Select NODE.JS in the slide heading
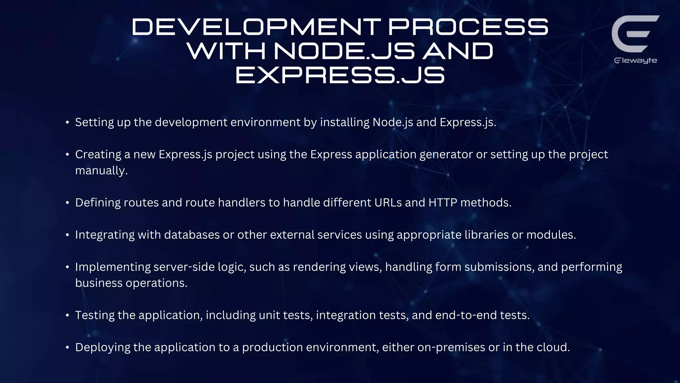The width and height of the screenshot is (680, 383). tap(344, 51)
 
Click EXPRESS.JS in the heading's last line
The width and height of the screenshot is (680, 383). tap(340, 75)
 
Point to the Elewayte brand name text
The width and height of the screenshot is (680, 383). tap(636, 61)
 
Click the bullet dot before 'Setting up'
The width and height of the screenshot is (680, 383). tap(67, 123)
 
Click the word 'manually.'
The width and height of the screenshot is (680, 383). tap(101, 171)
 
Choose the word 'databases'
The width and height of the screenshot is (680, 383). tap(192, 235)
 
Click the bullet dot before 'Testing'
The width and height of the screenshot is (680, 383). tap(67, 316)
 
